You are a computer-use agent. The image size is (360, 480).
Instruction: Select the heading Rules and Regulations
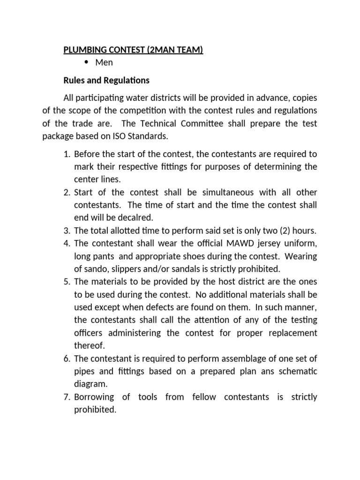(106, 80)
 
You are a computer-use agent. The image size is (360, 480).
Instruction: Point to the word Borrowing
(94, 397)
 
